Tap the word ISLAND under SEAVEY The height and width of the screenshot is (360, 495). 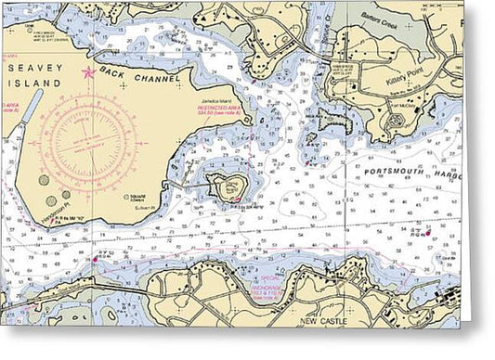pos(35,83)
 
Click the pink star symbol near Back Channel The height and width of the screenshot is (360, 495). pos(88,71)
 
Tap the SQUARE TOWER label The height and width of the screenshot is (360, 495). pos(141,198)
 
